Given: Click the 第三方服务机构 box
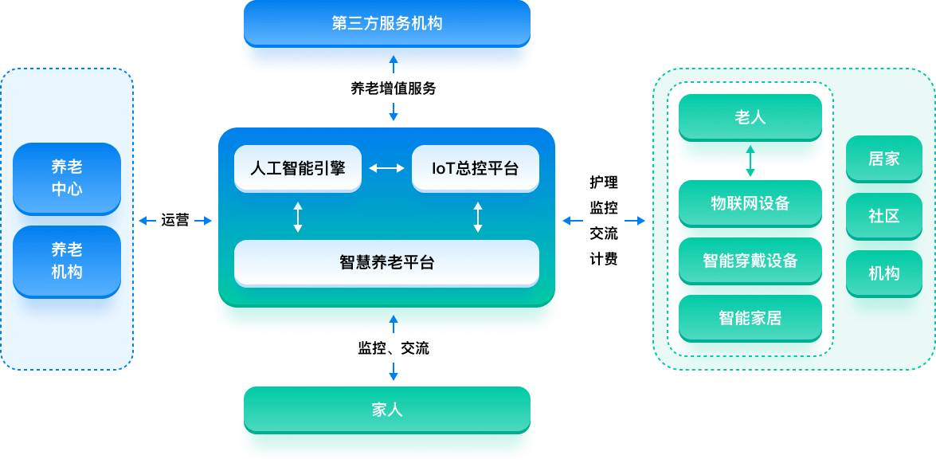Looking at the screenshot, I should (x=386, y=23).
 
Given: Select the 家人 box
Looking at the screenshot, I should (x=386, y=410).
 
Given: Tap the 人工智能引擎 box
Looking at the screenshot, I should (x=298, y=168).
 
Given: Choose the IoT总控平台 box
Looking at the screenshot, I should (x=475, y=168).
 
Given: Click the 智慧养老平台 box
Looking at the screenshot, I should (x=386, y=262).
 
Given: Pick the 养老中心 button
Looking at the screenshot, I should (x=67, y=178).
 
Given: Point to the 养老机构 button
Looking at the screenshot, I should (x=67, y=261).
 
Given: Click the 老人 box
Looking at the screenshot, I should (x=750, y=117).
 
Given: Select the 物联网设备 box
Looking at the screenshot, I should (x=750, y=203).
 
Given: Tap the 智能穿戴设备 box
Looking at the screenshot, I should (x=750, y=261).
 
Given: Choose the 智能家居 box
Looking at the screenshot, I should (x=750, y=318).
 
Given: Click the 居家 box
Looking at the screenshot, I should (x=883, y=159).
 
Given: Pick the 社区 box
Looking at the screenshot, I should (x=883, y=216).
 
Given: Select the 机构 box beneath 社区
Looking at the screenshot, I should (x=883, y=273).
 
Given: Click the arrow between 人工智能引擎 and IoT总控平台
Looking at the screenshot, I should (x=386, y=168).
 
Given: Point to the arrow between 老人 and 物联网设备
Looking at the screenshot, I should (x=750, y=160).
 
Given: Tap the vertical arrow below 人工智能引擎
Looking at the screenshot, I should (x=298, y=217).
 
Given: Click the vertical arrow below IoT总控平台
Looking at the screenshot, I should (x=478, y=217).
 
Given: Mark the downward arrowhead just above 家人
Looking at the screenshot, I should (x=393, y=372).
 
